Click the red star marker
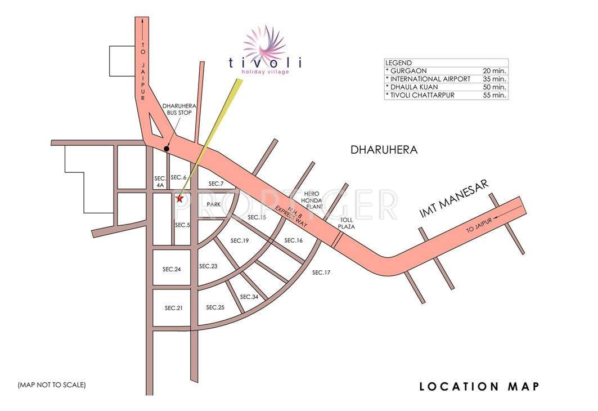(179, 198)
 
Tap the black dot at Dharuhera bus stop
(166, 149)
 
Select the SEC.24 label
(172, 269)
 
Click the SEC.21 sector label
(174, 308)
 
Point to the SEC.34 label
(249, 297)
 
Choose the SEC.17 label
(321, 272)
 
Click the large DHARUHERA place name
(384, 150)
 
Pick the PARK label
(213, 204)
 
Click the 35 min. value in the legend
(494, 79)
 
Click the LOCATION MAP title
(479, 386)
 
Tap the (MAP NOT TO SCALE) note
(52, 385)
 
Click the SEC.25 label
(215, 307)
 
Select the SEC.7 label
(216, 184)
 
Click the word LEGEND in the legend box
(399, 62)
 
